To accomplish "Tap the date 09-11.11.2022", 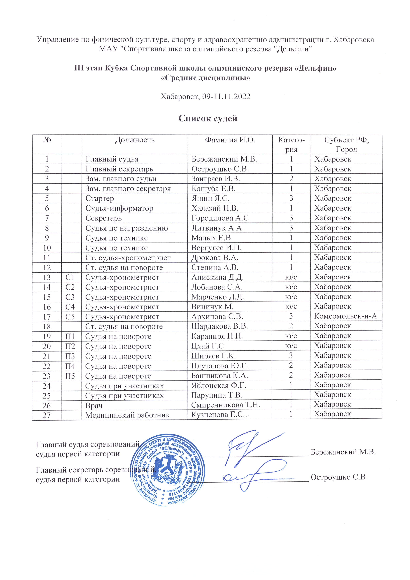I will [226, 96].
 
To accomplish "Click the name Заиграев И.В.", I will [216, 179].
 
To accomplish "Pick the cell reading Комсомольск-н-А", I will [345, 316].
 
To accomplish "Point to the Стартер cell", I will [100, 199].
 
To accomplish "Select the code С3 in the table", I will [70, 297].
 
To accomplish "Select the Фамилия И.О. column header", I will [230, 140].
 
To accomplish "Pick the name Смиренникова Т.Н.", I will [225, 405].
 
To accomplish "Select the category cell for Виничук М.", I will [291, 306].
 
